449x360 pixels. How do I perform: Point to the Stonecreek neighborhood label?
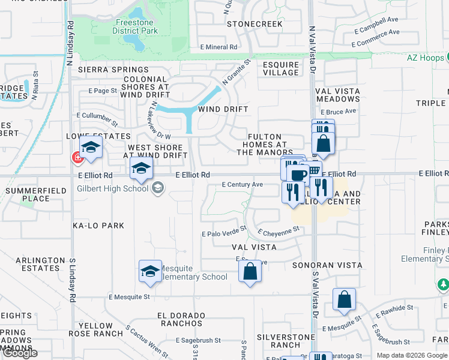click(255, 24)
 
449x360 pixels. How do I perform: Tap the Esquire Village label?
click(280, 68)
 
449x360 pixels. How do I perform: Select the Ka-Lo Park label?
click(98, 226)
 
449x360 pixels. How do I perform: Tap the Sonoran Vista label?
click(327, 265)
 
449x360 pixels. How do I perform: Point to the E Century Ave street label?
click(242, 185)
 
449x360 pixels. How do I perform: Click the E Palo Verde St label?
click(224, 230)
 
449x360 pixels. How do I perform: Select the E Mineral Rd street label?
click(219, 47)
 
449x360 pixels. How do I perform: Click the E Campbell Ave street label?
click(376, 25)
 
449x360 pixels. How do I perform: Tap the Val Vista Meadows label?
click(338, 95)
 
